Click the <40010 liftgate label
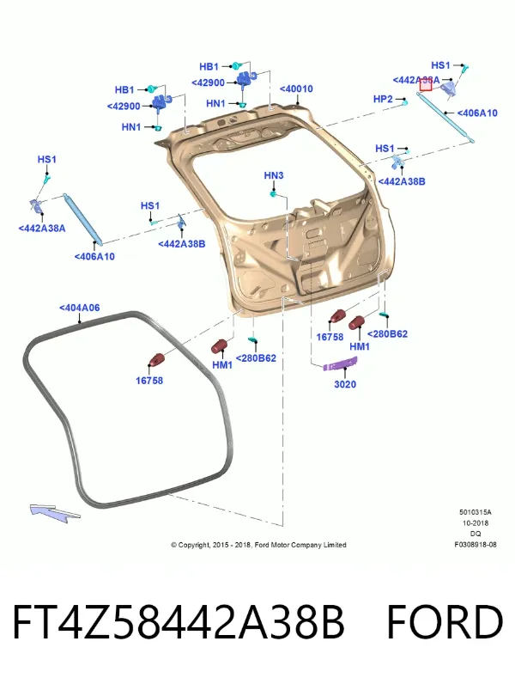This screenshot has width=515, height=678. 296,89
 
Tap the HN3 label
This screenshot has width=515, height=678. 274,175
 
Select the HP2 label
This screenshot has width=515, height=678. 383,100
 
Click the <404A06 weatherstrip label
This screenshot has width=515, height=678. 80,308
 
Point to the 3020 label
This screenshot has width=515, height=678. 345,384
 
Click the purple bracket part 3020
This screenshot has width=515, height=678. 341,364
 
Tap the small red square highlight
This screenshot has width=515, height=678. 426,86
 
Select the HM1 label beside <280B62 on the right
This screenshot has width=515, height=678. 360,347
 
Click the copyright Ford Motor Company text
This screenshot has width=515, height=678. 258,545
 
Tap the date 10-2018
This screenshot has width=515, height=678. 476,523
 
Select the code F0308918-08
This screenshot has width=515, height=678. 476,545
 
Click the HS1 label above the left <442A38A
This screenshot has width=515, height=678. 46,160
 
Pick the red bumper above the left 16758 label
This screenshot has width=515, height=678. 156,360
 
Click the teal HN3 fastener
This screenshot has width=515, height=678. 273,193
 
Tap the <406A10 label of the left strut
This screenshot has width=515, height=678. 94,257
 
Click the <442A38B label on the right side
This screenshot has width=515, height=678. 402,181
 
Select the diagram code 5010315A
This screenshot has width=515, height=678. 476,512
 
